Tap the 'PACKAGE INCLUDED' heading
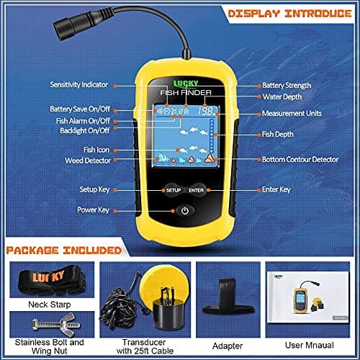(x=64, y=250)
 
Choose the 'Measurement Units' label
(x=295, y=113)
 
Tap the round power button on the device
(x=185, y=211)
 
